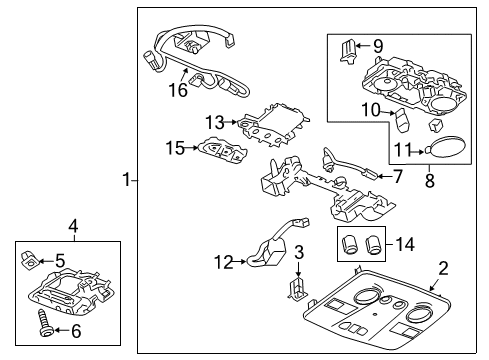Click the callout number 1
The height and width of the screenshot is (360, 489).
coord(126,180)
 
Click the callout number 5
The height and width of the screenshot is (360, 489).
coord(61,262)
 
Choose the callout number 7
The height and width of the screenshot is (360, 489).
coord(397,177)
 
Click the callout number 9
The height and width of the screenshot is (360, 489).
coord(379,46)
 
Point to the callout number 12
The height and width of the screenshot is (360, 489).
coord(222,263)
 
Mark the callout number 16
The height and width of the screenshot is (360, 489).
coord(178,90)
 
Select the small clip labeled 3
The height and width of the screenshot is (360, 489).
coord(297,289)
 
